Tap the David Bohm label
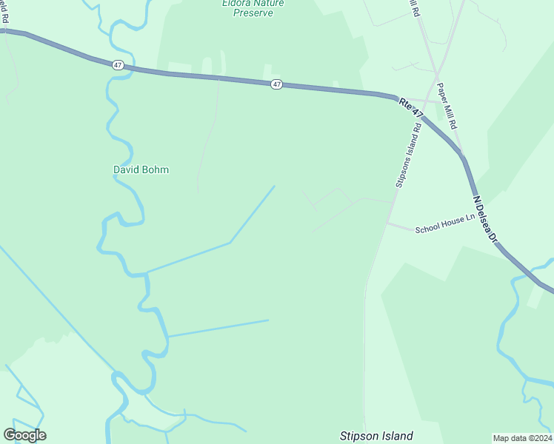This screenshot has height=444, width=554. pos(141,169)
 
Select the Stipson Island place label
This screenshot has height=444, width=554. pos(376,437)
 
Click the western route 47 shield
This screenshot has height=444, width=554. pos(118,65)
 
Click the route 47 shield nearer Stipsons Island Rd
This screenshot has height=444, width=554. pos(276,84)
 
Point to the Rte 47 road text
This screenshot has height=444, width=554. pos(411,107)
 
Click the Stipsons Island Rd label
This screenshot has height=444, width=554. pos(408,155)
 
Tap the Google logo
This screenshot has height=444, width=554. pos(24,435)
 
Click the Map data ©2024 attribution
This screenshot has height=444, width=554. pos(521,437)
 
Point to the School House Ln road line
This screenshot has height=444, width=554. pos(404,226)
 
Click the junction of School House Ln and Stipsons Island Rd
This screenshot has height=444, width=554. pos(387,222)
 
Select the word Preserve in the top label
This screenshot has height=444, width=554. pos(253,13)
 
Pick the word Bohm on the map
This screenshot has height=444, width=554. pos(156,169)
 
